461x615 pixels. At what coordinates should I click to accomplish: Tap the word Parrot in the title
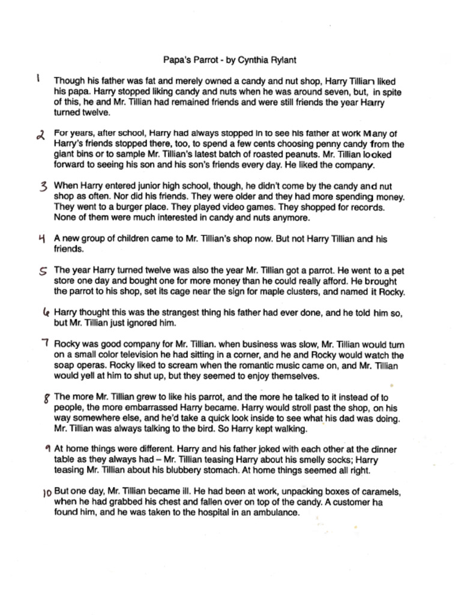201,61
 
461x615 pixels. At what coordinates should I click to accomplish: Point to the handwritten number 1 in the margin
38,79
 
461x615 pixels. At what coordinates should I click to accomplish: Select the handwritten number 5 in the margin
43,271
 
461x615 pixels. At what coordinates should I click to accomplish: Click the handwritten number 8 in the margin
46,399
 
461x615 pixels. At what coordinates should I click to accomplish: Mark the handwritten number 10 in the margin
46,492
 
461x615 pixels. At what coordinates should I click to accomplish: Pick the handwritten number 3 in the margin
43,187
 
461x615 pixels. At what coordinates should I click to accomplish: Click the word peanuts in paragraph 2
276,154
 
